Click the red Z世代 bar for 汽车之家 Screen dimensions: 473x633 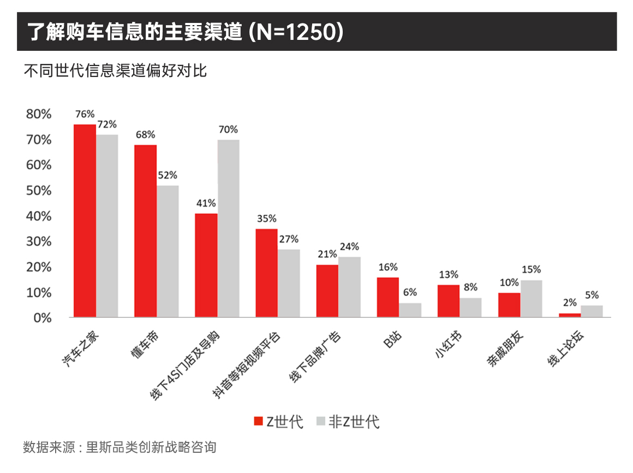(x=85, y=221)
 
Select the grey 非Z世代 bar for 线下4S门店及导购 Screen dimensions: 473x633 (x=228, y=228)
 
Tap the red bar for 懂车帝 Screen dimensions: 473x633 (x=145, y=231)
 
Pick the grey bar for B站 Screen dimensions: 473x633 (x=410, y=310)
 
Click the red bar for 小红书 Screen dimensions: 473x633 (x=448, y=301)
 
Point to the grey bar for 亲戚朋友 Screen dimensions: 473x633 (x=531, y=298)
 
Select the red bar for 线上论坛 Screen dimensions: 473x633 (x=569, y=315)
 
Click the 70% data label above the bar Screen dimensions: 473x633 (x=228, y=129)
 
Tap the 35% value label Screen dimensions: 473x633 (x=266, y=219)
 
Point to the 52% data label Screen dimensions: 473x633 (x=168, y=175)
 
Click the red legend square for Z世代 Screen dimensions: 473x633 (x=258, y=421)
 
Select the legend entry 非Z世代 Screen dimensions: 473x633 (x=347, y=422)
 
